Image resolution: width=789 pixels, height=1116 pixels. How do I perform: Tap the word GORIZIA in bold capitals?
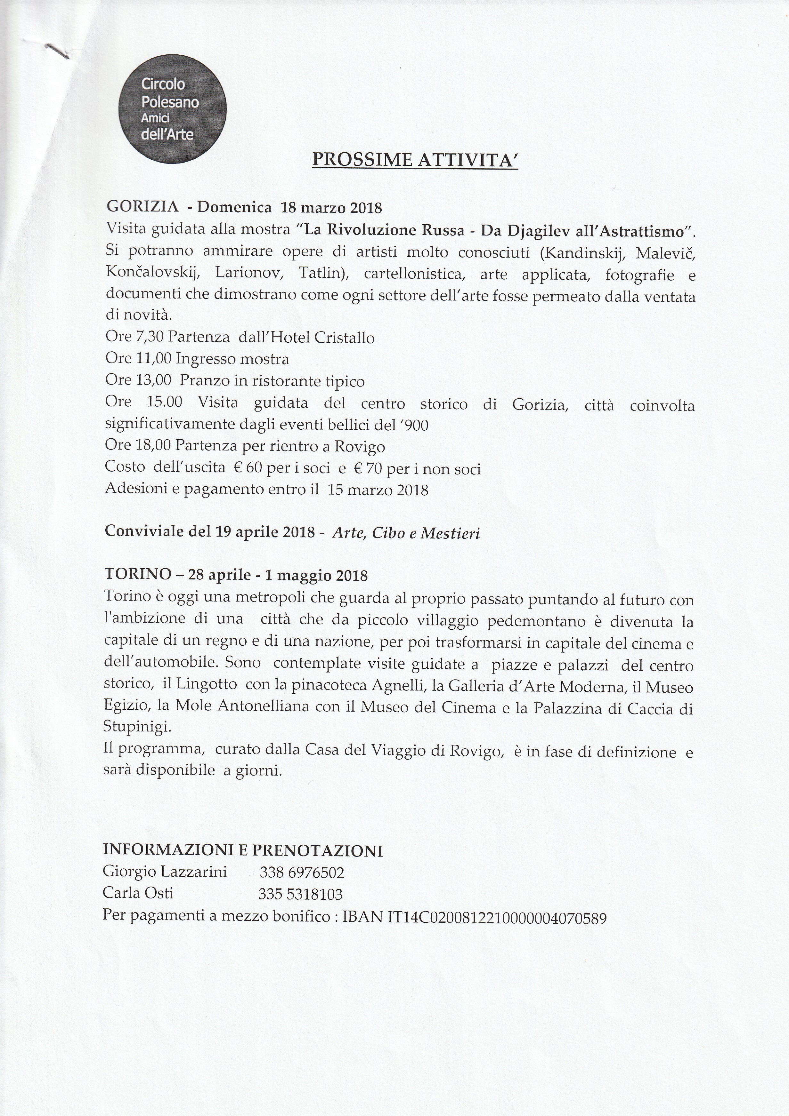coord(142,207)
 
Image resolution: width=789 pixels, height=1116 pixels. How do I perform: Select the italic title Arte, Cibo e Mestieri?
coord(406,533)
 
